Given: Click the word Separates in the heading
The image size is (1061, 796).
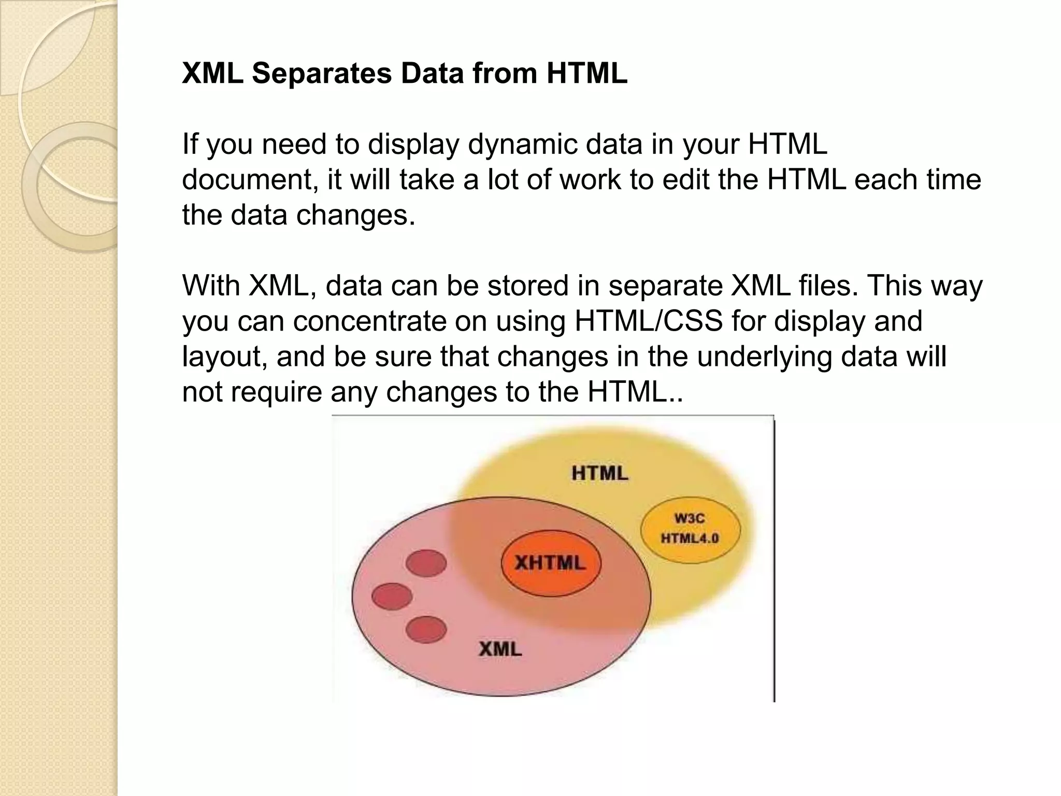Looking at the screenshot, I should point(322,74).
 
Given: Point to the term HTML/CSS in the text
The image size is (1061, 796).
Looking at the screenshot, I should point(649,321).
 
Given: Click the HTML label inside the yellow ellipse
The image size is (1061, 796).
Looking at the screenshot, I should point(600,473).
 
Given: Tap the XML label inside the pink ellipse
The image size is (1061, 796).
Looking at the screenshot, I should point(500,649).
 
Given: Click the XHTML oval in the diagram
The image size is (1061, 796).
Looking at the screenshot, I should point(551,563).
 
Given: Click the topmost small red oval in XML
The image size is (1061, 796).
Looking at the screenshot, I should point(426,563).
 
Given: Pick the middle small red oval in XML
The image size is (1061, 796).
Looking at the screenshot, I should point(392,596).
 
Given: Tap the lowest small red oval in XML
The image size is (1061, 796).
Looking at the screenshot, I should point(426,630).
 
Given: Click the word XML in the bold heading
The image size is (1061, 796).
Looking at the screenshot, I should point(212,74).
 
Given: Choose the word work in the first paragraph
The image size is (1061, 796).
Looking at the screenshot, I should point(590,180).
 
